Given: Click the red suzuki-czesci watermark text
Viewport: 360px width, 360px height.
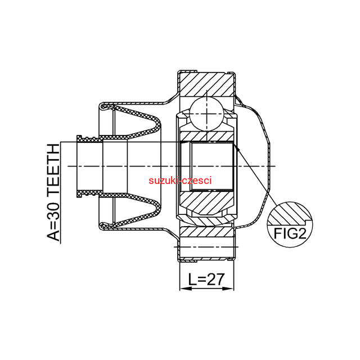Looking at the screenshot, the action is (180, 181).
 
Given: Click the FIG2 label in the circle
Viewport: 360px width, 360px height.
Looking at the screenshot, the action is (290, 234).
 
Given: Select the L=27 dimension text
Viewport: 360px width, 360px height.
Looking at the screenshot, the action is (206, 280).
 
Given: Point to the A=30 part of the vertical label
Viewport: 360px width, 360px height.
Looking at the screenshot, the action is (53, 222).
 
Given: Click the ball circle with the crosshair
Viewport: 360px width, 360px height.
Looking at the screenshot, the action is (207, 114).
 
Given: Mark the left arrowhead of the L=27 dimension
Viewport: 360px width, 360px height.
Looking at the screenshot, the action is (186, 289).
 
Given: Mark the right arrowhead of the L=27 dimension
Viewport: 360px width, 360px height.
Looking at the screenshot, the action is (228, 289).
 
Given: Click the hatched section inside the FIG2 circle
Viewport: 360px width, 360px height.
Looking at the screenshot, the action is (290, 214).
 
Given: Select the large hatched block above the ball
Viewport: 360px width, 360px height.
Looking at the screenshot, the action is (206, 84).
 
